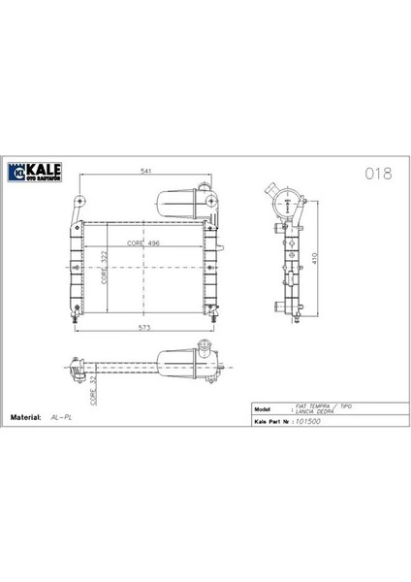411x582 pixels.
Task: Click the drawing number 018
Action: click(377, 175)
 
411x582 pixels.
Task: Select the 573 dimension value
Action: click(145, 329)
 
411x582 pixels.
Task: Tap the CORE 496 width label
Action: click(142, 243)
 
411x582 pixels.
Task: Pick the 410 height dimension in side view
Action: click(313, 259)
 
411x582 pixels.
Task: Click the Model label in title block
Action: click(263, 409)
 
